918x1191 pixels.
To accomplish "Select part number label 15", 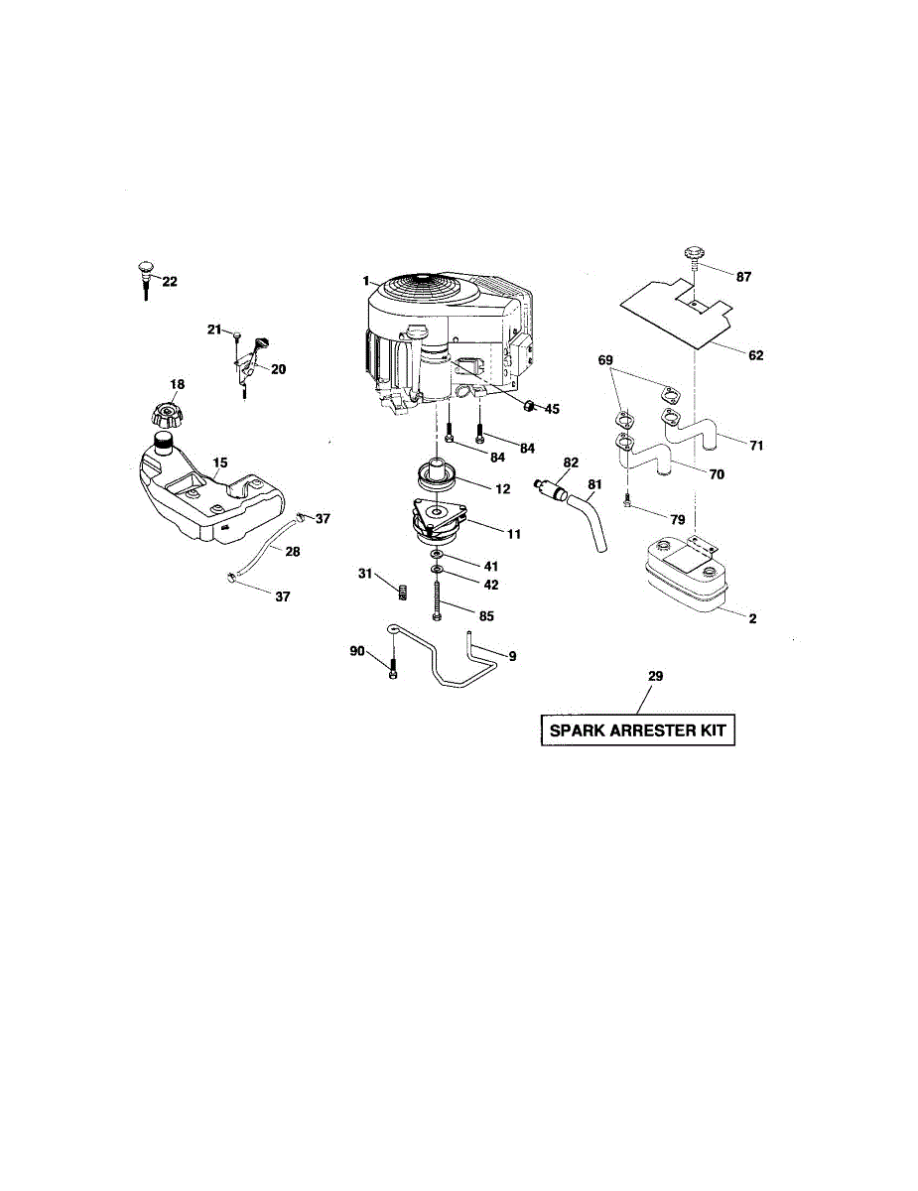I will coord(220,463).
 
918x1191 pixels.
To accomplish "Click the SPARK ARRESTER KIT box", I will coord(637,732).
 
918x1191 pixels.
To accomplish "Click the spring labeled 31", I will coord(403,593).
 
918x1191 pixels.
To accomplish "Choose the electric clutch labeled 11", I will coord(439,522).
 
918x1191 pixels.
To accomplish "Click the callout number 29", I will coord(655,676).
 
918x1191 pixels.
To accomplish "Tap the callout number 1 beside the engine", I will coord(366,281).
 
